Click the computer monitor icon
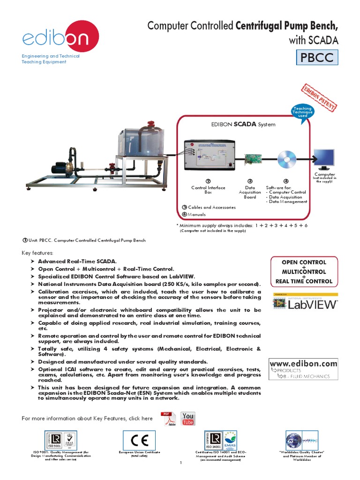(324, 159)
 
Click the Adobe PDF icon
(167, 419)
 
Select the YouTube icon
(187, 419)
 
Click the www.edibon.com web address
(303, 363)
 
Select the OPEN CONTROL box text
(303, 262)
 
